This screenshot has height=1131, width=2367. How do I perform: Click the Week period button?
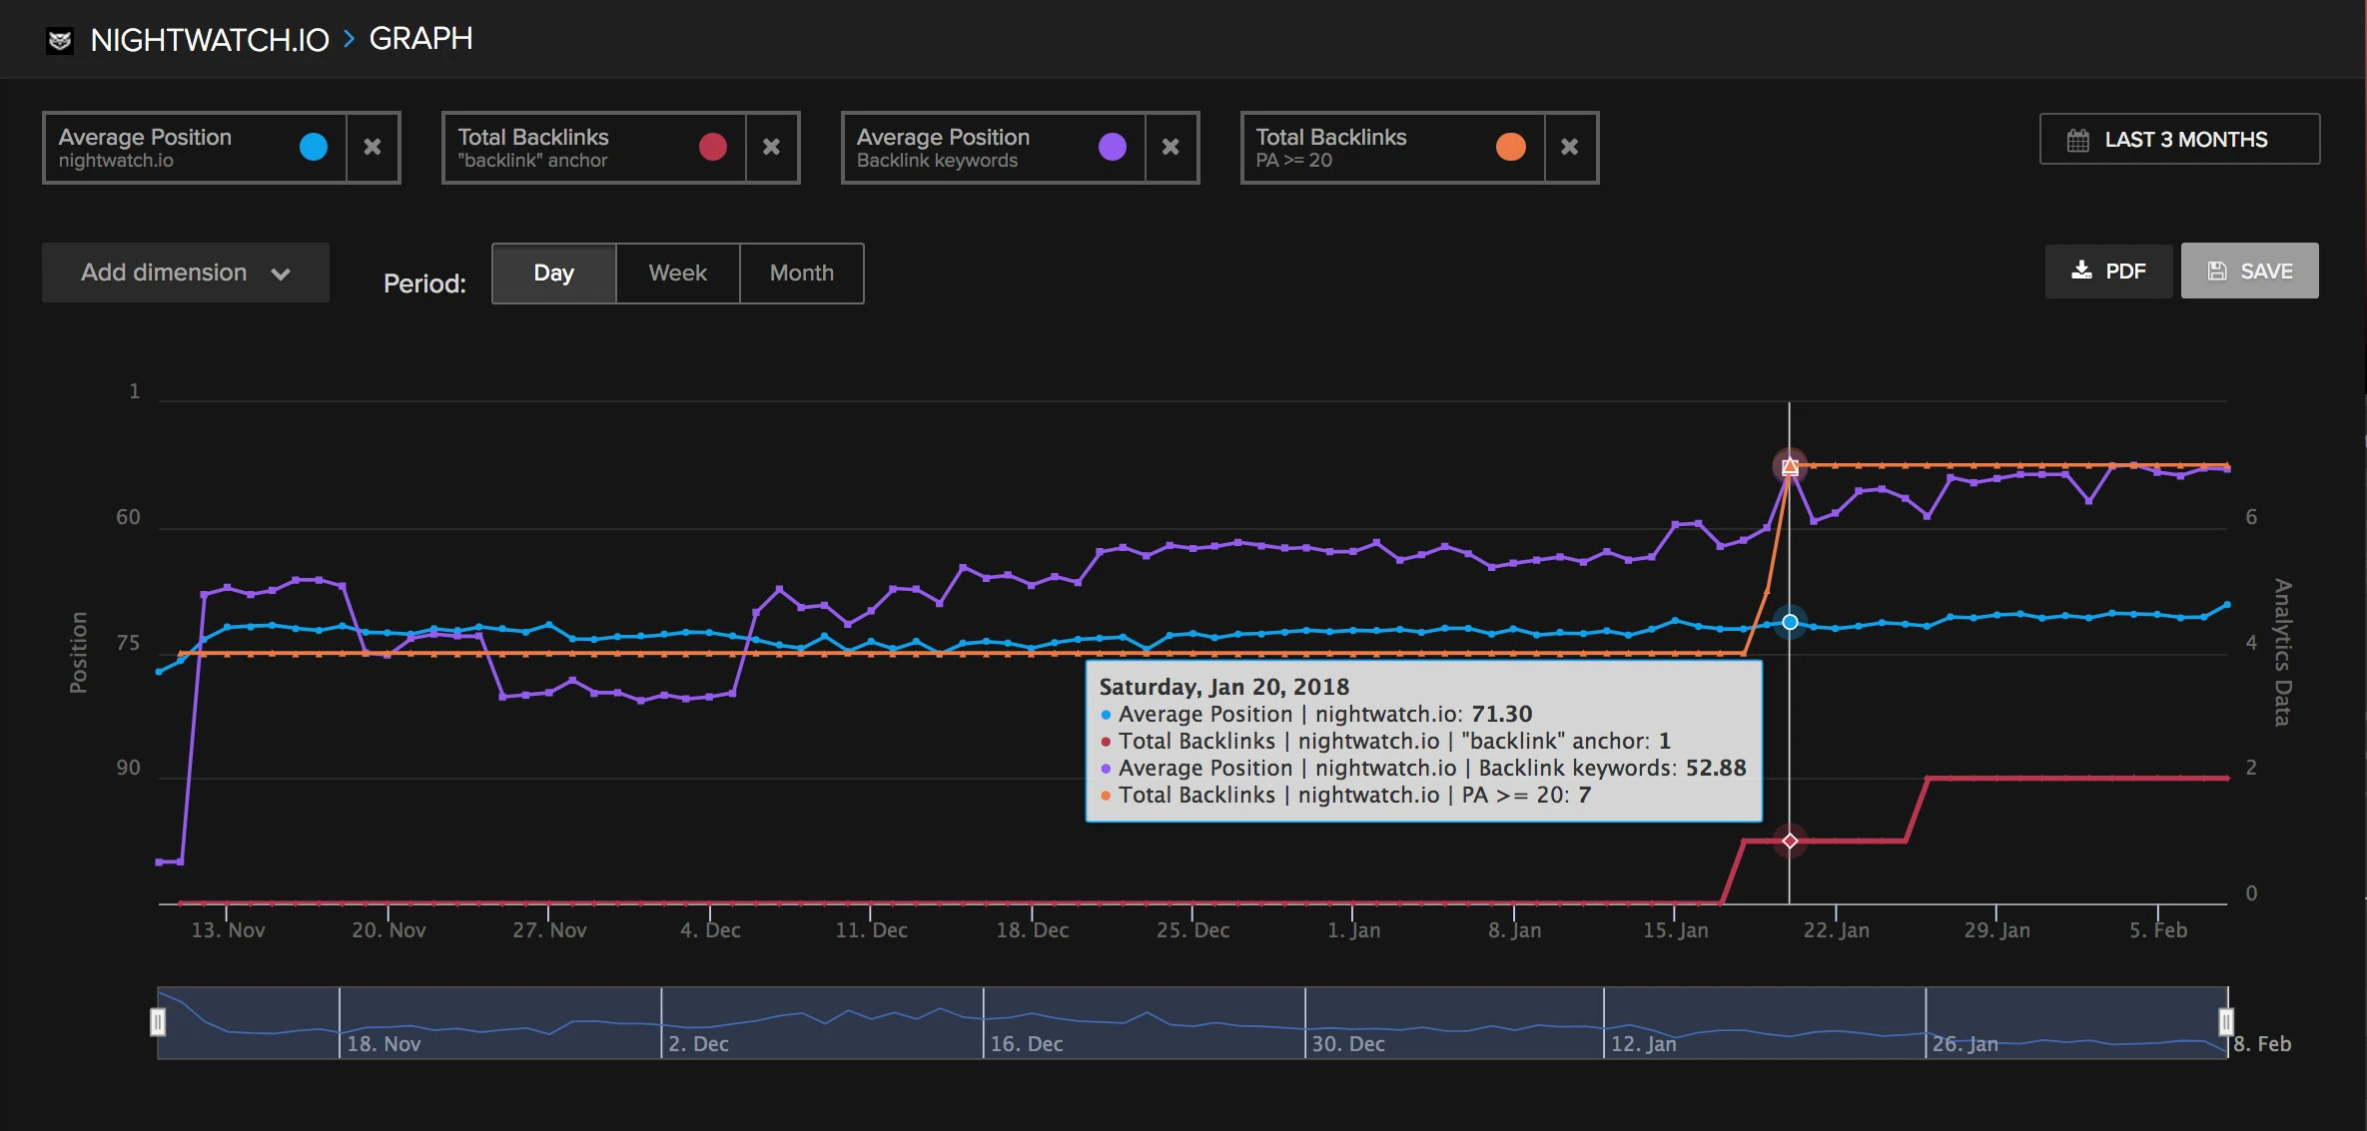pos(677,273)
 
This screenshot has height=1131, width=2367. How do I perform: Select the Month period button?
pos(801,273)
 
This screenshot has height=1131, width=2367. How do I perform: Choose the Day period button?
pos(553,273)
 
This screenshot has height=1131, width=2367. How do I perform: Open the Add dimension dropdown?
pos(186,273)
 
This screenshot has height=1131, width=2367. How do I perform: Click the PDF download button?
pos(2108,272)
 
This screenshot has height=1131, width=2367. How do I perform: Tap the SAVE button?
pos(2249,272)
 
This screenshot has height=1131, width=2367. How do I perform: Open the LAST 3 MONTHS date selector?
pos(2179,140)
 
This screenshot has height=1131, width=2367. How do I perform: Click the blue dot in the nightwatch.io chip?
pos(314,147)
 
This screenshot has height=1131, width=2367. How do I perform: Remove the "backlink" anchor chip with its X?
pos(771,147)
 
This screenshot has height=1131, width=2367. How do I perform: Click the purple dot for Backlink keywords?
pos(1112,147)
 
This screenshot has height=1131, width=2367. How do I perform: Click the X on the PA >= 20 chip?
pos(1569,147)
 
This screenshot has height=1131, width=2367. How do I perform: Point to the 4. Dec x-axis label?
pos(710,930)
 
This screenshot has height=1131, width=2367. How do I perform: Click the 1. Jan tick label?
pos(1353,930)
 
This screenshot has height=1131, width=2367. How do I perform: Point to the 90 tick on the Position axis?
pos(128,768)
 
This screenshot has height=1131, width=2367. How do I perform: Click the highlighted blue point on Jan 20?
pos(1790,622)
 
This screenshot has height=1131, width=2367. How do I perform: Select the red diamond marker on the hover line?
pos(1790,841)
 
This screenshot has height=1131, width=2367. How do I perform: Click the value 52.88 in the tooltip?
pos(1716,768)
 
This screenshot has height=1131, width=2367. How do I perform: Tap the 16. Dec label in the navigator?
pos(1027,1044)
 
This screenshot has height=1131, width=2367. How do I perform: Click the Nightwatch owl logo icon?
pos(60,40)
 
